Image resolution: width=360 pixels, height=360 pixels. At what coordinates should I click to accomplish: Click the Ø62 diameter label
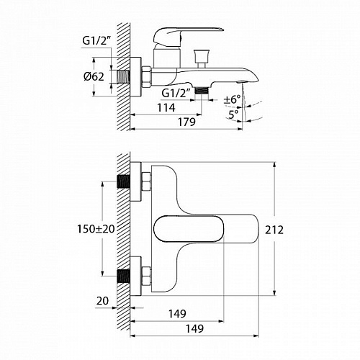[x=94, y=77]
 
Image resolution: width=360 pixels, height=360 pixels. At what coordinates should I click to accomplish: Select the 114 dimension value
[x=166, y=107]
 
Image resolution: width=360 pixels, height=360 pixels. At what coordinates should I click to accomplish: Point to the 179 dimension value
[x=186, y=122]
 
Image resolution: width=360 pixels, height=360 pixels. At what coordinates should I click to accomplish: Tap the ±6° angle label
[x=232, y=99]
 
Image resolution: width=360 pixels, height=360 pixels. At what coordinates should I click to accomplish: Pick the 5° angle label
[x=233, y=114]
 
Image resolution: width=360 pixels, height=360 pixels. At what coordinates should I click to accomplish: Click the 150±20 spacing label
[x=96, y=229]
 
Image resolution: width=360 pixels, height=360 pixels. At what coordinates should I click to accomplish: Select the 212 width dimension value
[x=274, y=230]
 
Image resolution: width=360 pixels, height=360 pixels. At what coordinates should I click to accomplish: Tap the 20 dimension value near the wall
[x=102, y=301]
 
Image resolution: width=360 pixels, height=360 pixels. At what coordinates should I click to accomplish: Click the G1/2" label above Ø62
[x=96, y=41]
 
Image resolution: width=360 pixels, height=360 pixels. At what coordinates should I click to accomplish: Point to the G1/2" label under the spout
[x=176, y=93]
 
